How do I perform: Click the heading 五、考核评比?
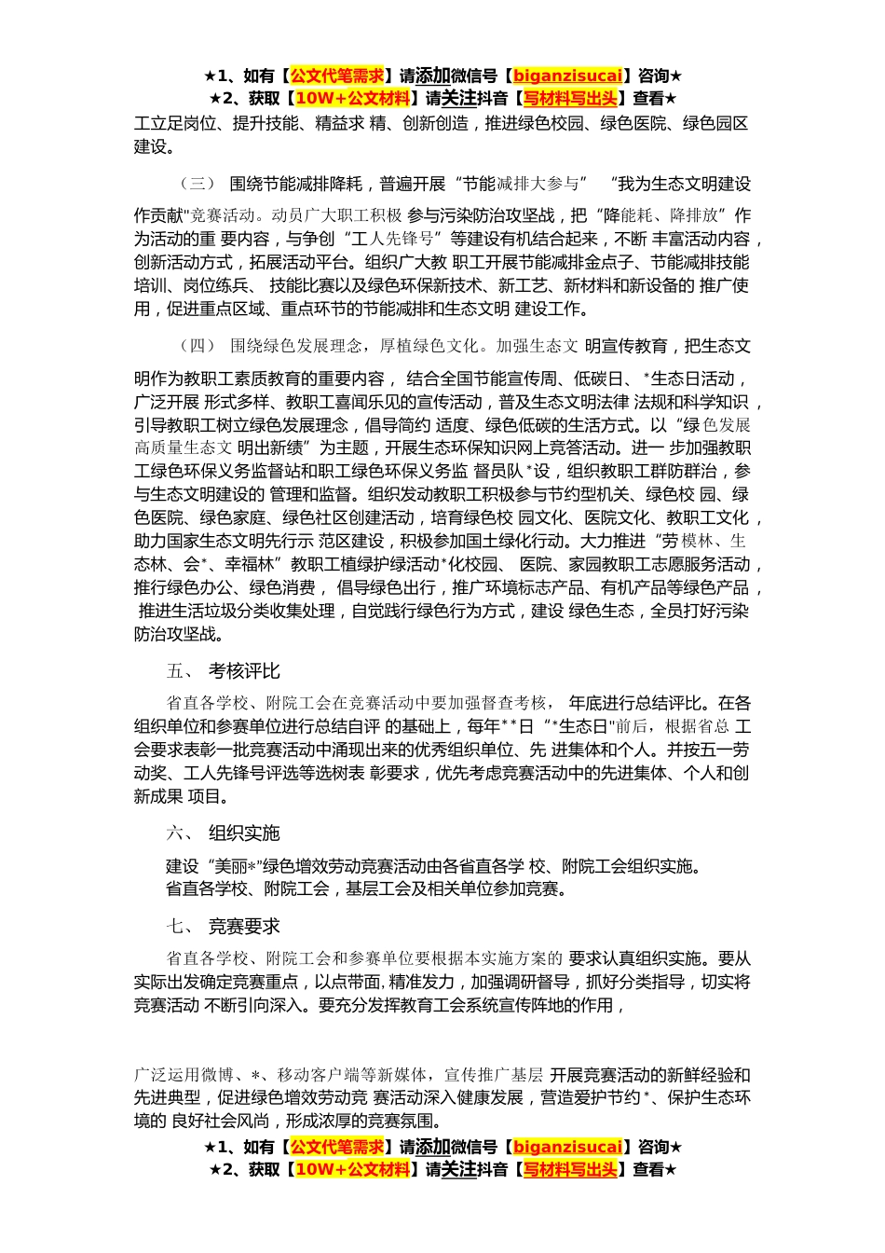223,671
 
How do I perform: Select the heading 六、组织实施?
223,833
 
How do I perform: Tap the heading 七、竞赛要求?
223,926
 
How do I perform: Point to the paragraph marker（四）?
198,346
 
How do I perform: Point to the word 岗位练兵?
215,285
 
